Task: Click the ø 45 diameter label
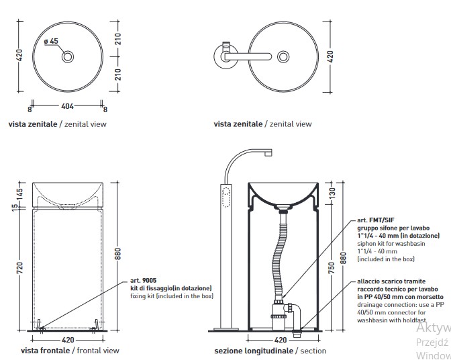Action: [x=51, y=42]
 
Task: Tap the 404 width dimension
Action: [x=67, y=106]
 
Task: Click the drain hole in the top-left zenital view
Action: [x=67, y=57]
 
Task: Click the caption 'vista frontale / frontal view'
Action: [x=70, y=351]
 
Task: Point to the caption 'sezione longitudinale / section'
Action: [x=270, y=351]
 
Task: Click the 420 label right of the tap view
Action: [x=330, y=57]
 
